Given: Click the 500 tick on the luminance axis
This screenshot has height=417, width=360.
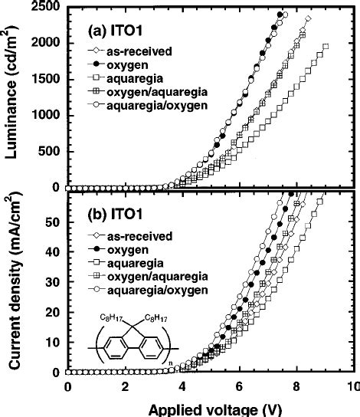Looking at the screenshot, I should tap(47, 152).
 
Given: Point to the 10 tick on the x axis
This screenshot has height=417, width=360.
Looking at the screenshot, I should tap(353, 389).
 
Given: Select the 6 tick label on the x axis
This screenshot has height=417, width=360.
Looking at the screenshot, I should tap(239, 389).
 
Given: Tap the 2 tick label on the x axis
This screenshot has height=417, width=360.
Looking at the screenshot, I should tap(125, 389).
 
